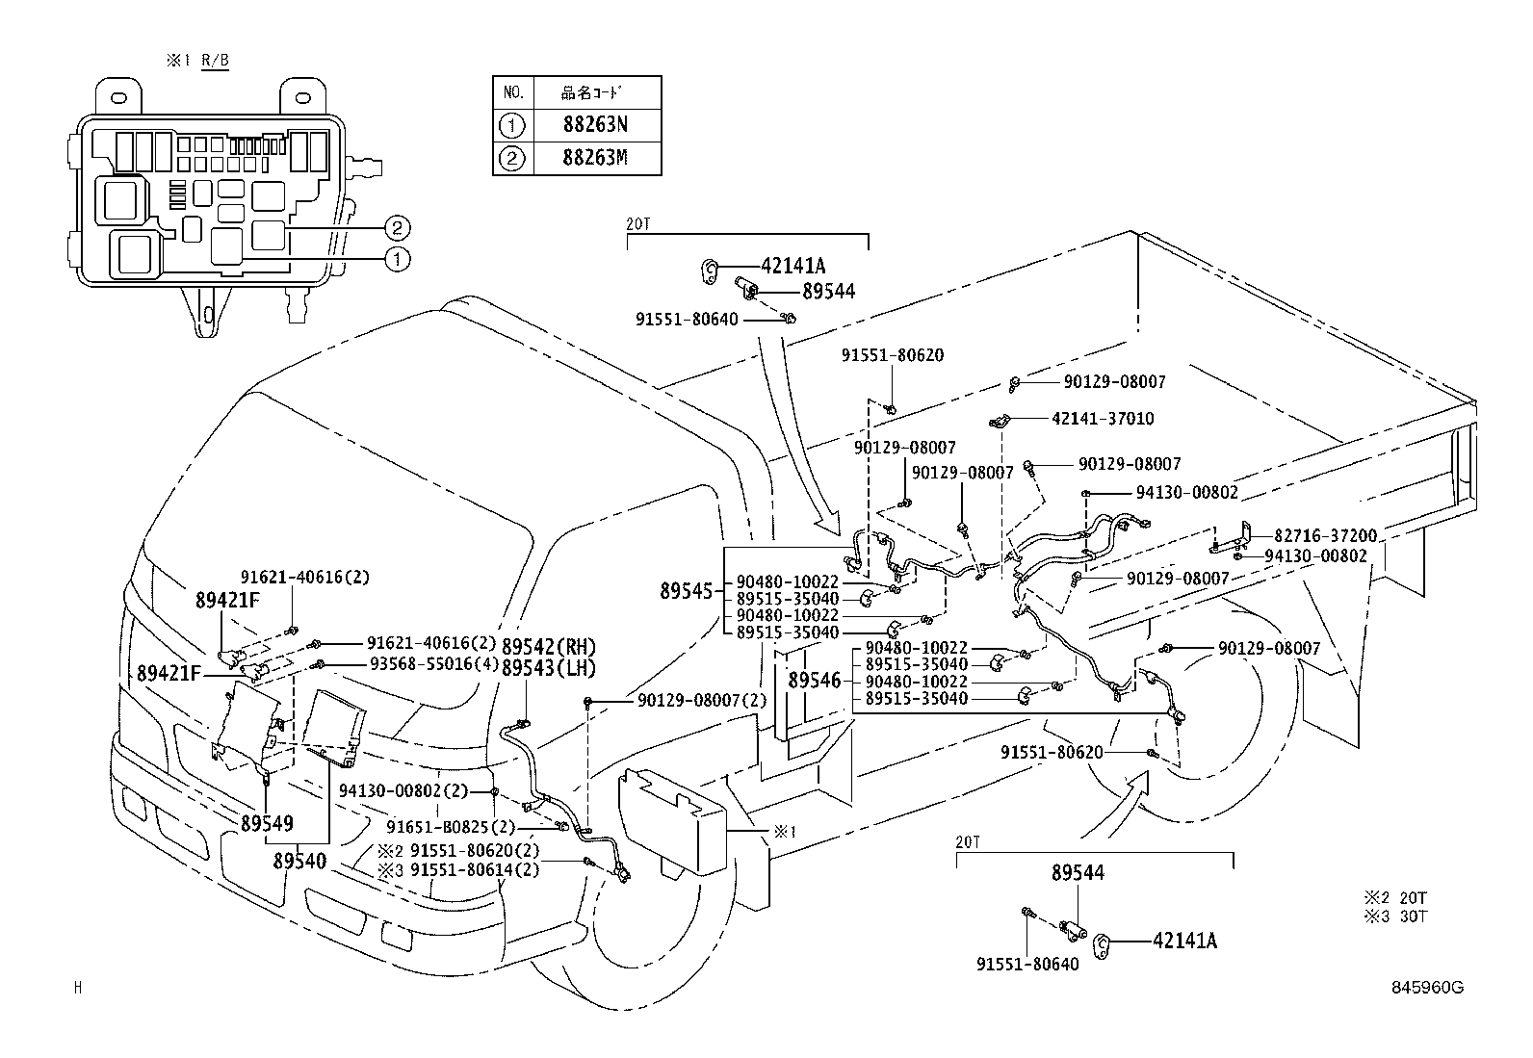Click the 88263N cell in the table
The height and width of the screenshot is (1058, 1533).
[594, 124]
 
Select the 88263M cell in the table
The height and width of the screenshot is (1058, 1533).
[594, 158]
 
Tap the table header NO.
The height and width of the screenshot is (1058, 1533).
[513, 93]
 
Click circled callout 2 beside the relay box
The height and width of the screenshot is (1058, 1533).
[397, 228]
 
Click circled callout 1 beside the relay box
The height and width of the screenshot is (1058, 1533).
[397, 258]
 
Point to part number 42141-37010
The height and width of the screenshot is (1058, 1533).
[1103, 419]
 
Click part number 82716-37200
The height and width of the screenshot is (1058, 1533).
[1325, 536]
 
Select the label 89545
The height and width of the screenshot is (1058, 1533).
[685, 591]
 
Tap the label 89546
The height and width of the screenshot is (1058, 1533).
[814, 681]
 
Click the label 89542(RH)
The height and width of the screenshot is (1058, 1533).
[548, 647]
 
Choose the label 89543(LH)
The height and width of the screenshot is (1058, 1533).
[548, 668]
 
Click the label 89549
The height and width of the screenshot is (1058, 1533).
[267, 824]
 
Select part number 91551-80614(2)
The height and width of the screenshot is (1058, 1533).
[474, 869]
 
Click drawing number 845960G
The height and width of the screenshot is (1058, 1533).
[1426, 987]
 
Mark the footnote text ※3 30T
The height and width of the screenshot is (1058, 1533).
[1395, 916]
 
